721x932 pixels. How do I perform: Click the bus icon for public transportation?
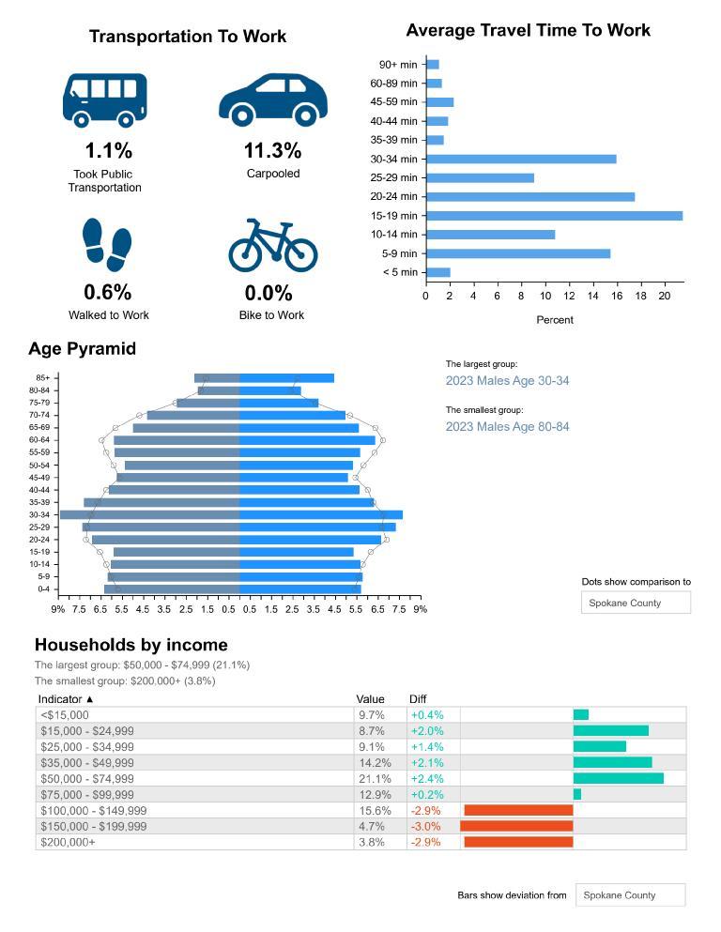pyautogui.click(x=104, y=99)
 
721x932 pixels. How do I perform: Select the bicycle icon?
pyautogui.click(x=273, y=245)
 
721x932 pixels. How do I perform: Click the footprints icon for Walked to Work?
pyautogui.click(x=107, y=245)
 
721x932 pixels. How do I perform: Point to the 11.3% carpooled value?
pyautogui.click(x=272, y=151)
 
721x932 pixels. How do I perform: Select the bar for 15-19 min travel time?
pyautogui.click(x=554, y=216)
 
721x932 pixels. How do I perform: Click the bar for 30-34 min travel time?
pyautogui.click(x=521, y=159)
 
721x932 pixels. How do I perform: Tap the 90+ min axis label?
pyautogui.click(x=397, y=65)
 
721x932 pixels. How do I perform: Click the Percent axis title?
pyautogui.click(x=554, y=320)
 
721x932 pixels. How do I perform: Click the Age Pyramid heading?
pyautogui.click(x=82, y=349)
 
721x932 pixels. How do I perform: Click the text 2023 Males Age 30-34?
pyautogui.click(x=507, y=381)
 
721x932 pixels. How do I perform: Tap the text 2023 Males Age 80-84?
pyautogui.click(x=507, y=427)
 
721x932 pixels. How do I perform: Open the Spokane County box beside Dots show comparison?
pyautogui.click(x=636, y=603)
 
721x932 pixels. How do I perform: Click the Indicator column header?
pyautogui.click(x=66, y=699)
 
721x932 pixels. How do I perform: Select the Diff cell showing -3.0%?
pyautogui.click(x=425, y=827)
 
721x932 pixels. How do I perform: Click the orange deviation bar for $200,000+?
pyautogui.click(x=518, y=842)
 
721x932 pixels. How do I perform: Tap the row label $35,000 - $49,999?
pyautogui.click(x=87, y=763)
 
